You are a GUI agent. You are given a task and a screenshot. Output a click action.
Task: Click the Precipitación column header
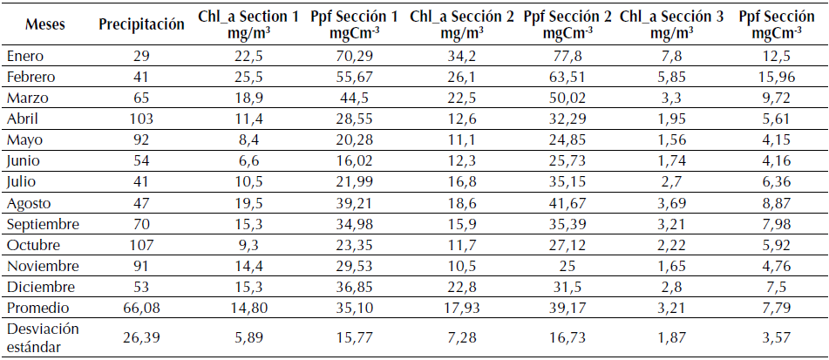141,24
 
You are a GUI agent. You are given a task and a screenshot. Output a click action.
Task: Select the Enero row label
24,56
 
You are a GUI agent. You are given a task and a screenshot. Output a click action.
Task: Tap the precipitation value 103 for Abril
140,119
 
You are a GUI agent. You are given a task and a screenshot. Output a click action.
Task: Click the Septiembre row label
42,224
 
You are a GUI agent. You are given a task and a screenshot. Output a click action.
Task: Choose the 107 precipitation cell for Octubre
140,245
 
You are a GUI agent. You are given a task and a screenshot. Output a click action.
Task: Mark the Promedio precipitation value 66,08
140,308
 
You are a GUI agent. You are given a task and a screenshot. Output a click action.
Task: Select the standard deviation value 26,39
140,336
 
